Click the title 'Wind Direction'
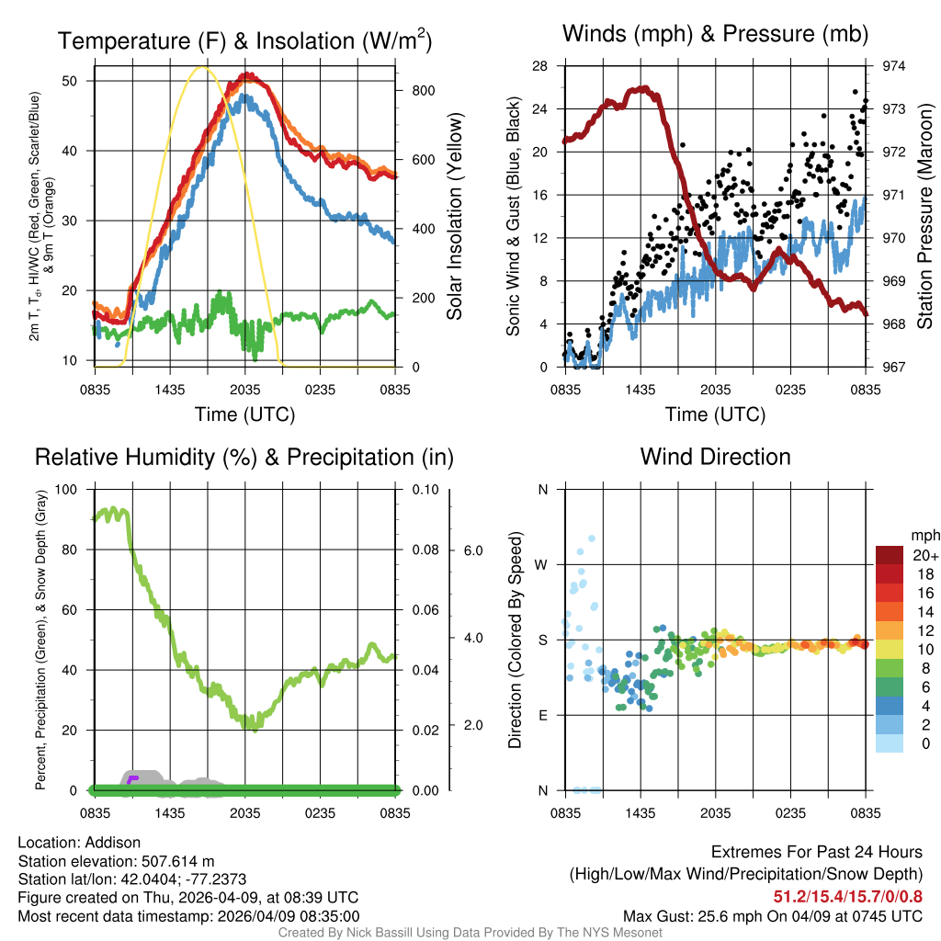[x=715, y=457]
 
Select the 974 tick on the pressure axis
[x=894, y=66]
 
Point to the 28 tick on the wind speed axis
[x=540, y=66]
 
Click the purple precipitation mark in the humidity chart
[x=132, y=779]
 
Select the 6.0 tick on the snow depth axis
[x=472, y=550]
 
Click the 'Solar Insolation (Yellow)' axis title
[x=454, y=217]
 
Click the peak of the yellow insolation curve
[x=204, y=67]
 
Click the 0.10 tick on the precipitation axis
[x=423, y=489]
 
